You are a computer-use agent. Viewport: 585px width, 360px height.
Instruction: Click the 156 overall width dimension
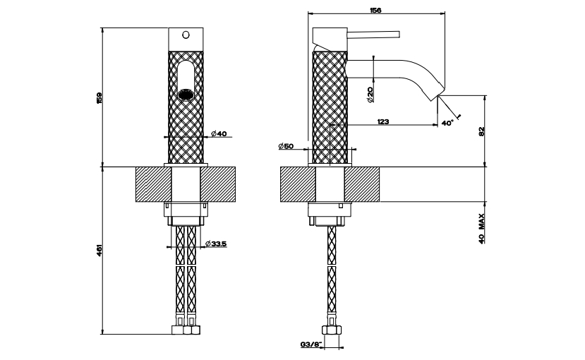pos(375,11)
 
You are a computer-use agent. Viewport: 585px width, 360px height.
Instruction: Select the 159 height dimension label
pos(99,98)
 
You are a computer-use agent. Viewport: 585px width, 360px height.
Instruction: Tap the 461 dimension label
pos(99,251)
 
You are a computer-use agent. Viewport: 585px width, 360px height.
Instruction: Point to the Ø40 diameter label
pos(219,133)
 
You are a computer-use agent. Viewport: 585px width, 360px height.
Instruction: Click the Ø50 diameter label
pos(286,146)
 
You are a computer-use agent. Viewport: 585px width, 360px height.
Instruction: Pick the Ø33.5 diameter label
pos(216,244)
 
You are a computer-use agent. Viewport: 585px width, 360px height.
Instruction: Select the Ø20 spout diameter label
pos(370,95)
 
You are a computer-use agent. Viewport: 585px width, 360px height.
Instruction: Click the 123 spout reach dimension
pos(382,121)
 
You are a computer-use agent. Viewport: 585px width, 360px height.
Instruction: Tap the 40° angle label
pos(447,123)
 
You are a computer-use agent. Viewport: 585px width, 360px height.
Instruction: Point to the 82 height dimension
pos(482,131)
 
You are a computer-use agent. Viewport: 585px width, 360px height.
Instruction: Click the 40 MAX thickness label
pos(482,229)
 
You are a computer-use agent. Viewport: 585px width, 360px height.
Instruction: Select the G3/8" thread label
pos(310,344)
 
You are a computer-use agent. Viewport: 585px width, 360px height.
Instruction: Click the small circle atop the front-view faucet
pos(186,35)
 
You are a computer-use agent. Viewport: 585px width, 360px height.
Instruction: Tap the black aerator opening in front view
pos(186,95)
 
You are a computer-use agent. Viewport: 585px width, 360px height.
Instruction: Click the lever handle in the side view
pos(373,35)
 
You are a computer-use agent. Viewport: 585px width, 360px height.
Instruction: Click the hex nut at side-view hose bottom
pos(331,330)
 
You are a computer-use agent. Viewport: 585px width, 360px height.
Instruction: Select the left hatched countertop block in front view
pos(153,184)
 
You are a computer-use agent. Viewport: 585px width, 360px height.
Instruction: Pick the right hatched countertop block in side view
pos(362,184)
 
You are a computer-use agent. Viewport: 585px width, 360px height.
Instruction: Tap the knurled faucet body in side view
pos(330,107)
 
